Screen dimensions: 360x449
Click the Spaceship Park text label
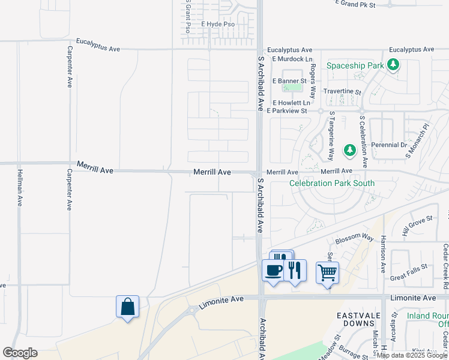[355, 64]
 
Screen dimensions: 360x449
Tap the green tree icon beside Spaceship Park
[393, 64]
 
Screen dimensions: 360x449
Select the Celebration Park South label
[332, 183]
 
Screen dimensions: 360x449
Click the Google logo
[20, 353]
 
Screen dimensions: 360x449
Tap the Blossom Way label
[354, 238]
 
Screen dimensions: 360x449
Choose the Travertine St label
[342, 92]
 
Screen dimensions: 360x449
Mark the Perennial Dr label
[389, 145]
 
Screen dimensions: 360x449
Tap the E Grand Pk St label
[354, 5]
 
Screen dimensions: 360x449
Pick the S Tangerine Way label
[331, 137]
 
